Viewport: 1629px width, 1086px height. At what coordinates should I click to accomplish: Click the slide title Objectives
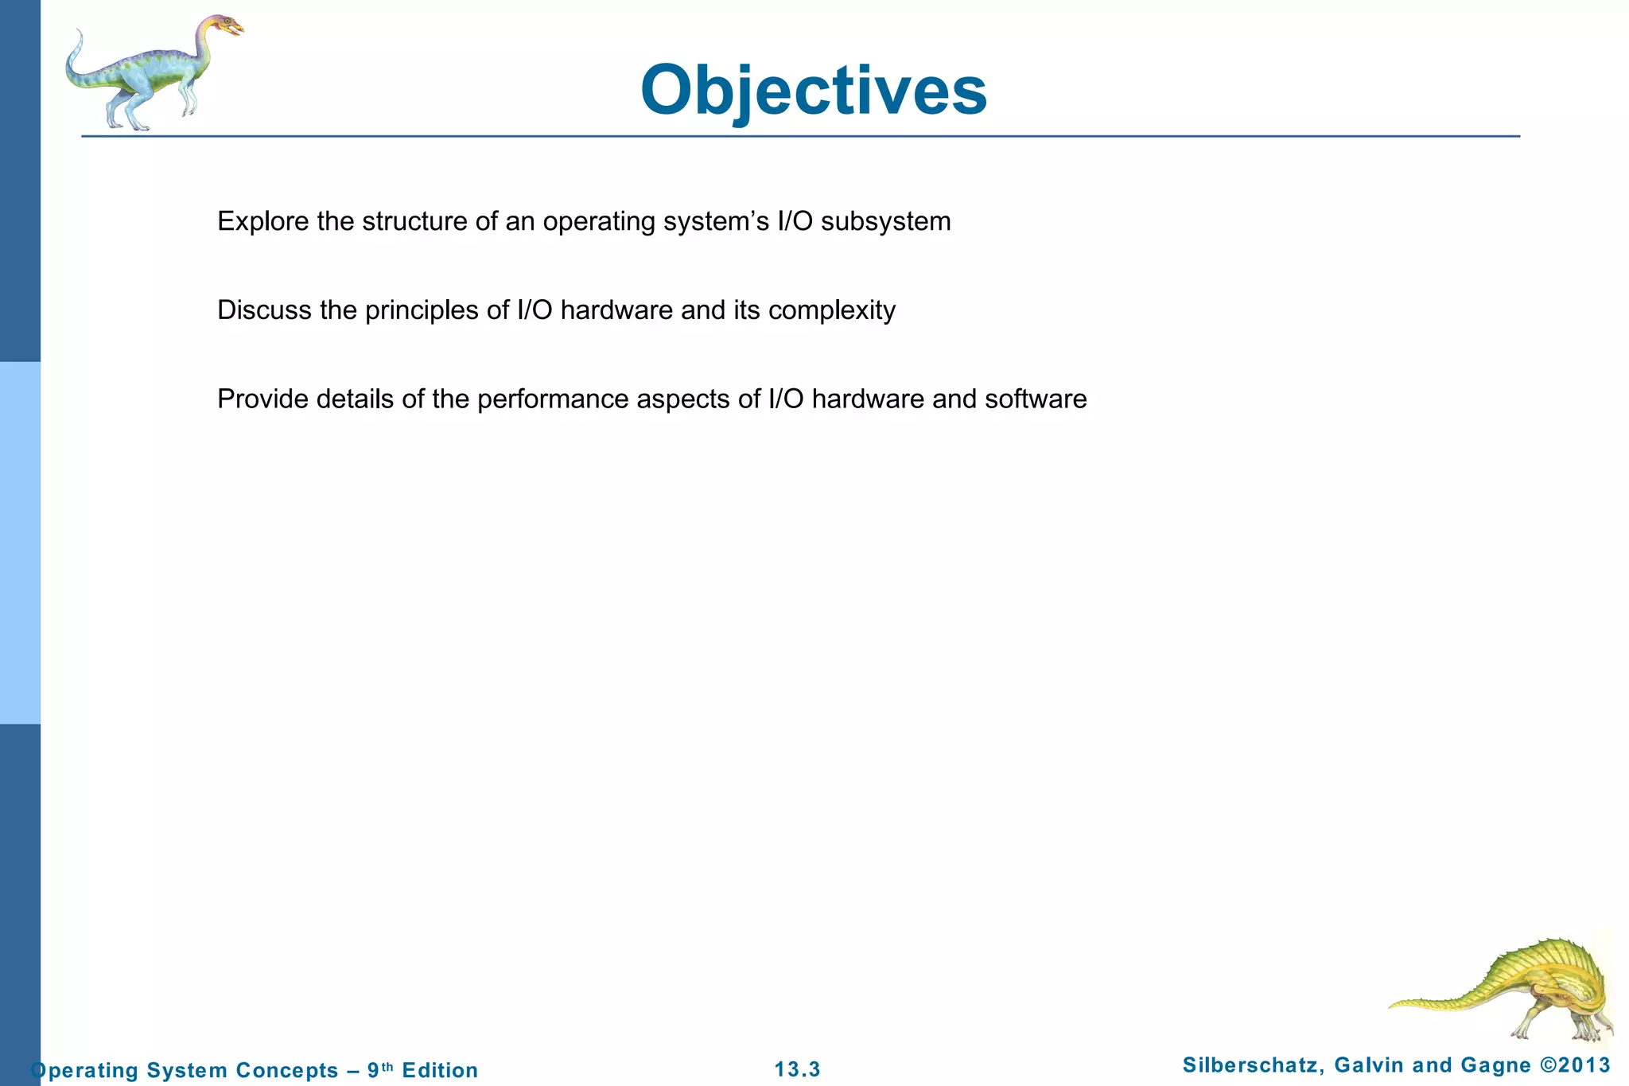[813, 90]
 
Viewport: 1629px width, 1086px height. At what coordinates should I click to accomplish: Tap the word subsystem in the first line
[885, 221]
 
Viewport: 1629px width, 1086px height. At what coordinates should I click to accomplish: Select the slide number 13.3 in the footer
[797, 1069]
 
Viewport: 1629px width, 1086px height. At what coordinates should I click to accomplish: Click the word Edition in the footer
[440, 1070]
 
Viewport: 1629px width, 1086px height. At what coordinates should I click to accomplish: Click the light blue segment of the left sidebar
[20, 543]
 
